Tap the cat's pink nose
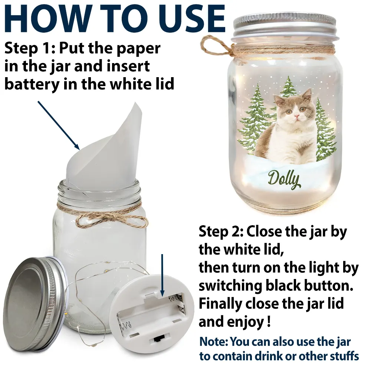[296, 116]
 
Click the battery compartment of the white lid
[151, 315]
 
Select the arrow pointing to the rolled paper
[59, 125]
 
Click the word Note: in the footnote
[213, 342]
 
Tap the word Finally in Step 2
[220, 304]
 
